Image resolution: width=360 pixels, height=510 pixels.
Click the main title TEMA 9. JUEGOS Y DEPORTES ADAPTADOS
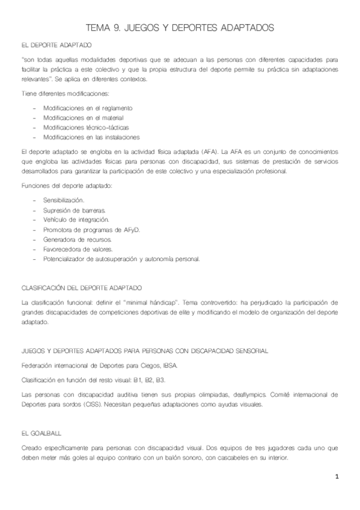180,28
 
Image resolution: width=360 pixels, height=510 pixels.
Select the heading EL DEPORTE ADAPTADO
56,45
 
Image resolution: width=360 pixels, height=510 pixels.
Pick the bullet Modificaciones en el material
84,117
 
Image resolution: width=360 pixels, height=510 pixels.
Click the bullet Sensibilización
64,199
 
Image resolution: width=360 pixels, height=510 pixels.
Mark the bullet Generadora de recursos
78,239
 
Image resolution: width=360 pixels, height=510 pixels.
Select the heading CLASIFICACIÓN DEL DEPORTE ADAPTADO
82,288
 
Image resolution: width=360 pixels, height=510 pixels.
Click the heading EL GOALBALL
40,433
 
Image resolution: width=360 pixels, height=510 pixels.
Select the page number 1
338,477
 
